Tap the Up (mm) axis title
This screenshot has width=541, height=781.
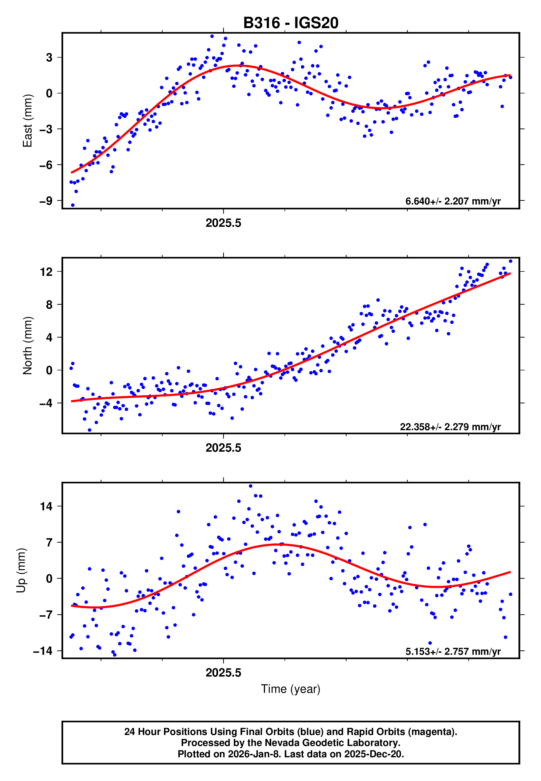coord(21,570)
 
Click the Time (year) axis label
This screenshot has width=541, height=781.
coord(291,689)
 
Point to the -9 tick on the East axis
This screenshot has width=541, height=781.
coord(46,201)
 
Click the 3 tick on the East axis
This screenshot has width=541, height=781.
coord(49,58)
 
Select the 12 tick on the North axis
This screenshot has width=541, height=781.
coord(46,272)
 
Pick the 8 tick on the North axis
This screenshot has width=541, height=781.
coord(49,305)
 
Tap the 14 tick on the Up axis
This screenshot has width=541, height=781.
coord(46,507)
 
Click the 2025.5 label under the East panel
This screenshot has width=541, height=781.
coord(223,223)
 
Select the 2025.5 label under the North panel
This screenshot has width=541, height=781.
coord(223,448)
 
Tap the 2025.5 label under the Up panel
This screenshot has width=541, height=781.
coord(223,673)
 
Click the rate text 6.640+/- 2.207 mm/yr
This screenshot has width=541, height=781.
coord(453,201)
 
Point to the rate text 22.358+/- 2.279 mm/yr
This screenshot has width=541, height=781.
coord(450,427)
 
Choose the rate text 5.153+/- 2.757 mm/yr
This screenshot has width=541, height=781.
coord(453,651)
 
